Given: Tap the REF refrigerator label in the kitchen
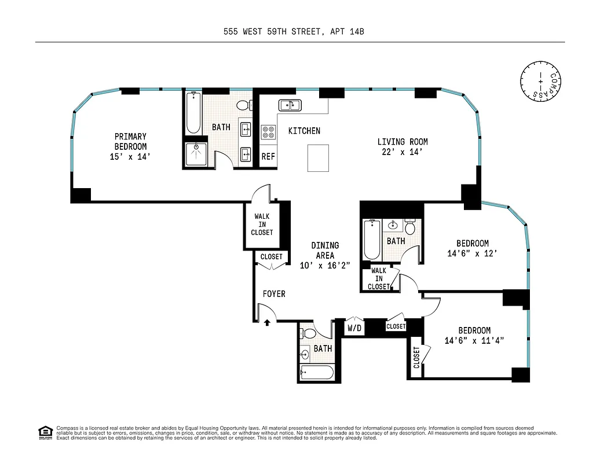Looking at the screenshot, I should [x=268, y=156].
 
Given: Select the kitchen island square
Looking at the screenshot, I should [x=319, y=158].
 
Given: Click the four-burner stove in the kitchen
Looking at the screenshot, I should [x=268, y=132].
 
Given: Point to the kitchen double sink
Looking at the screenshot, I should [x=290, y=105].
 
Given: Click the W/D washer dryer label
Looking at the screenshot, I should [x=354, y=329].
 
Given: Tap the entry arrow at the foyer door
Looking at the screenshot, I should [x=267, y=322].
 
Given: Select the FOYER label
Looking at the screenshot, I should [x=274, y=294].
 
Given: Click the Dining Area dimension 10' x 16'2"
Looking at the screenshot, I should [x=325, y=265].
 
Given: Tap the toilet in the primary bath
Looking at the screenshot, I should [x=245, y=105].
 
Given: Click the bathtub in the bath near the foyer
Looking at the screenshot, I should [x=317, y=372].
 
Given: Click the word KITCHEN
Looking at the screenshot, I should [x=304, y=131].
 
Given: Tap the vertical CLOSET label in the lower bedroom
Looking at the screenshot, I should [x=416, y=358].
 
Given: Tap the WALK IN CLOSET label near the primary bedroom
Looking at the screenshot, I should [x=262, y=225].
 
